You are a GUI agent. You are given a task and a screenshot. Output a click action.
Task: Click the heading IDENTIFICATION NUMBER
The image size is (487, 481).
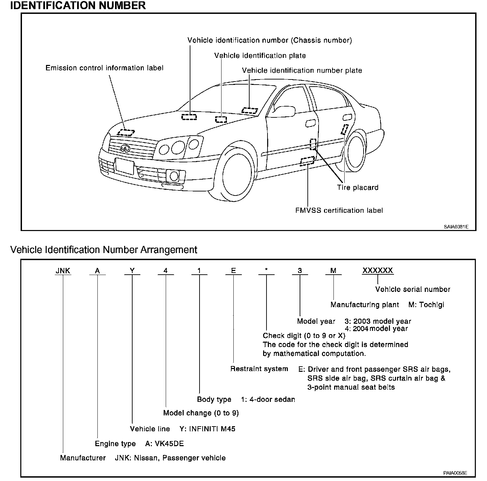click(78, 5)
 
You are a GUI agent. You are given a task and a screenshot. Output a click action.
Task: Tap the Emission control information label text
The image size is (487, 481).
click(104, 68)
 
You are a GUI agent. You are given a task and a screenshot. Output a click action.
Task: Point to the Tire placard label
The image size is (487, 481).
click(357, 188)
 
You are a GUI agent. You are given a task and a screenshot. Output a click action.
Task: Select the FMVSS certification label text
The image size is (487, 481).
click(339, 210)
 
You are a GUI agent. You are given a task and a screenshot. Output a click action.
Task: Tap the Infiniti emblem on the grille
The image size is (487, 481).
click(125, 148)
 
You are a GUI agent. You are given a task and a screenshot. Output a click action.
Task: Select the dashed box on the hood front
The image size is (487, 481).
click(126, 132)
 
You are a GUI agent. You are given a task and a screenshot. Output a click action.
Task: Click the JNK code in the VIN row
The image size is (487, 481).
click(63, 271)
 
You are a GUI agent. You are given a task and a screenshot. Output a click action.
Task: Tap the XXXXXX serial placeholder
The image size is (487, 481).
click(378, 271)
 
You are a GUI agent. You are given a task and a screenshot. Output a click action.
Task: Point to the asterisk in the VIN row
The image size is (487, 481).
click(266, 270)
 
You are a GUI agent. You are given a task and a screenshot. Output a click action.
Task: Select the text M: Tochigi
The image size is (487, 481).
click(426, 305)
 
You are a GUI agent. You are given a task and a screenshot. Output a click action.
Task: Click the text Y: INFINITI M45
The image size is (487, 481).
click(207, 429)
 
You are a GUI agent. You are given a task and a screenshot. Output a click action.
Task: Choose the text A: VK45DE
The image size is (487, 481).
click(165, 444)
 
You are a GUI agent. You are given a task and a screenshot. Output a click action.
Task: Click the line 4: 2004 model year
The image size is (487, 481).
click(376, 328)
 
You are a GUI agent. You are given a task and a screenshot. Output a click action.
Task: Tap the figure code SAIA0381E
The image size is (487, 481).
click(456, 227)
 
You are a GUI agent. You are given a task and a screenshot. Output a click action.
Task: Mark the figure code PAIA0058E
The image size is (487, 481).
click(456, 473)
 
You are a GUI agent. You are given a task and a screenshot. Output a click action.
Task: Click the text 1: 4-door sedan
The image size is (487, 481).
click(268, 399)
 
